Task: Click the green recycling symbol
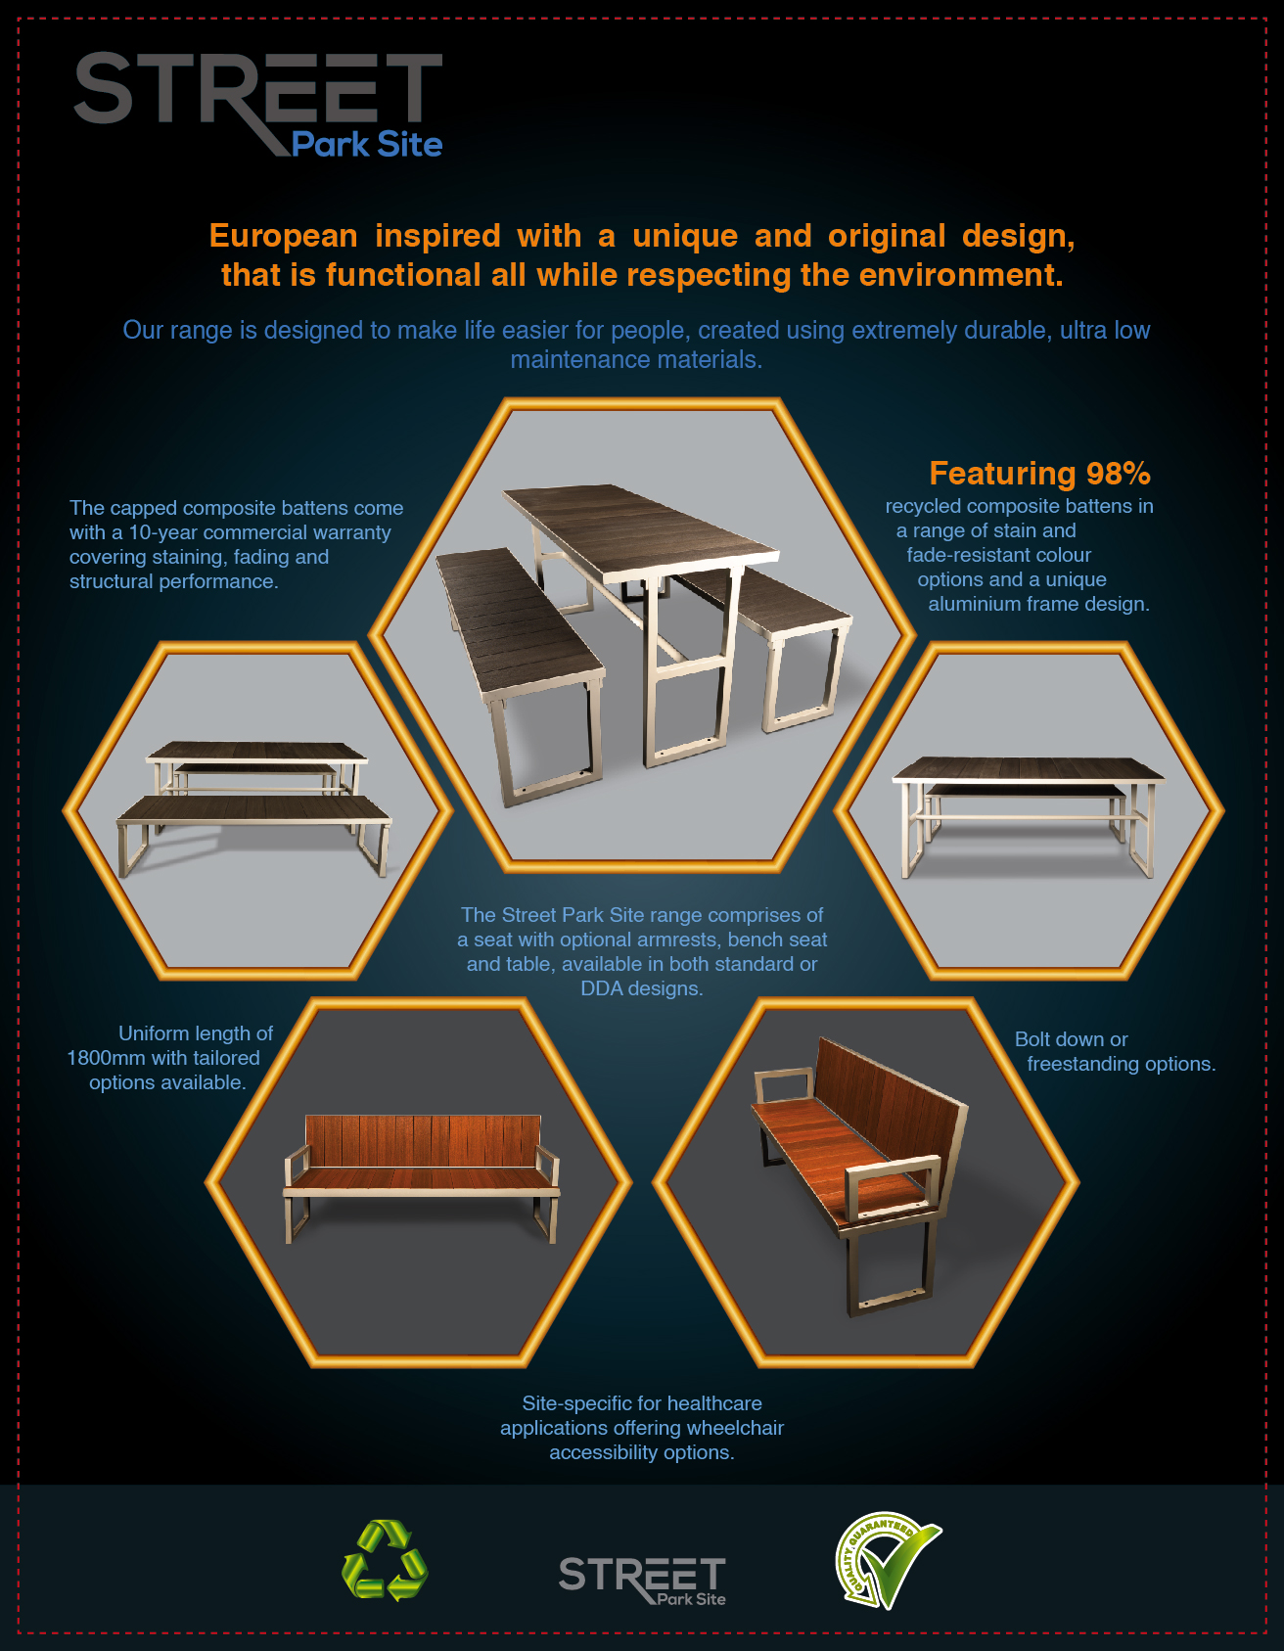(385, 1560)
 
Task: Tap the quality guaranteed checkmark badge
(886, 1561)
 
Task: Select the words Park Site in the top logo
(367, 145)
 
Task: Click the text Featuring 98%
(1039, 474)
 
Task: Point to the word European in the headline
(284, 236)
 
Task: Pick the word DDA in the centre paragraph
(602, 988)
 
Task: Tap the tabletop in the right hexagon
(1028, 768)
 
